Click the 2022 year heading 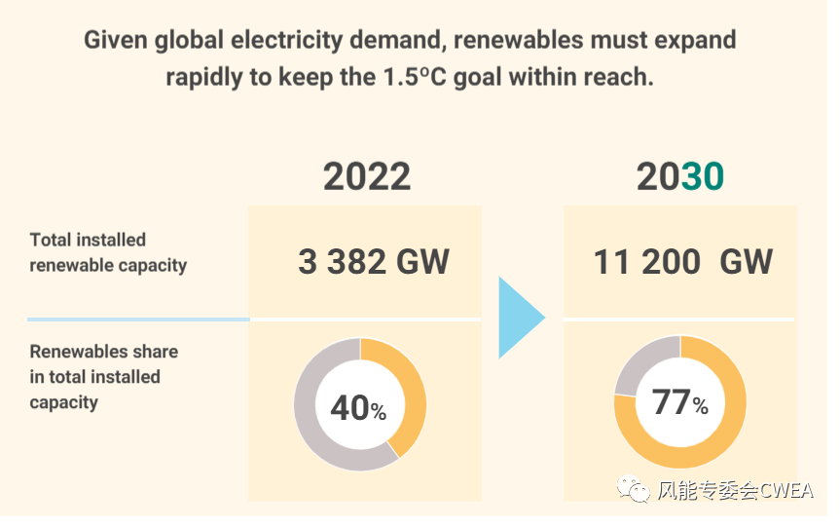[367, 177]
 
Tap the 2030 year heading [680, 177]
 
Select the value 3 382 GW [374, 262]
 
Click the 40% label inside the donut [358, 408]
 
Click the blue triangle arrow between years [519, 318]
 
